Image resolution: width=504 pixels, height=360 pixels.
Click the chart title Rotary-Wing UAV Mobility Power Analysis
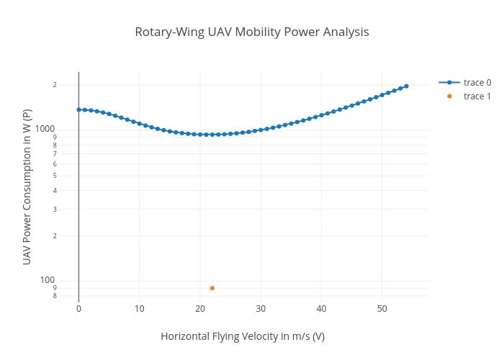(x=252, y=32)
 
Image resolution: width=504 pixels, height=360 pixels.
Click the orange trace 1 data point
(x=212, y=288)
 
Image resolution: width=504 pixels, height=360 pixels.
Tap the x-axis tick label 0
(x=78, y=309)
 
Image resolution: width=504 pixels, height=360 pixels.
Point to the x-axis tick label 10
(x=139, y=309)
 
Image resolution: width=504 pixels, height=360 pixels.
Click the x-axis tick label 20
(x=200, y=309)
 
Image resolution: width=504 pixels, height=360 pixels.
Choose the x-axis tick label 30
(x=261, y=309)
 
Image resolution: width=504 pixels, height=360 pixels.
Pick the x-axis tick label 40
(x=321, y=309)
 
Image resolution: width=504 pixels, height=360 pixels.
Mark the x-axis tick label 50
(x=382, y=309)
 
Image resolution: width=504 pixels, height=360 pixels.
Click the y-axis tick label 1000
(x=47, y=128)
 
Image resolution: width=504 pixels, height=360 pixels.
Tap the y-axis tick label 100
(x=48, y=280)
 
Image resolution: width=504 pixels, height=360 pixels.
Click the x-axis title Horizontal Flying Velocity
(x=242, y=336)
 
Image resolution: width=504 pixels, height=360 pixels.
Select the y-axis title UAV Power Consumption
(x=27, y=186)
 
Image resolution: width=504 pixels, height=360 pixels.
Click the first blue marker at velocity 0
(x=78, y=109)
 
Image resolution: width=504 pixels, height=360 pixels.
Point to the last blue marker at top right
(x=406, y=86)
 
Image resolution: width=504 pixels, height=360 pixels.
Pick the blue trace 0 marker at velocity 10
(x=140, y=123)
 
